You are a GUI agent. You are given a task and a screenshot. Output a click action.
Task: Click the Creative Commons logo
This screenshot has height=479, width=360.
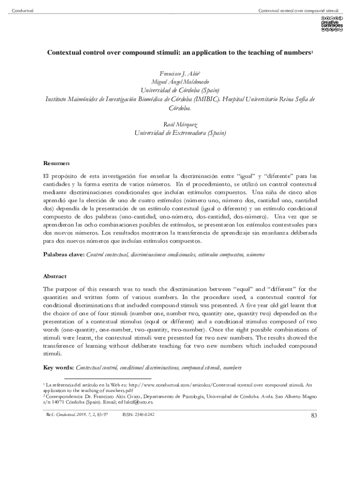(x=331, y=24)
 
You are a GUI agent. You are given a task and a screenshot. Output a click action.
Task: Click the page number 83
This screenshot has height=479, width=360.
(x=314, y=415)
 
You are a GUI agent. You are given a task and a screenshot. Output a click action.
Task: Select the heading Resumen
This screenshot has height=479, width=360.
(x=56, y=163)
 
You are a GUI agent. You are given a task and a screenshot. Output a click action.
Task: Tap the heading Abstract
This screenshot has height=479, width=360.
(x=55, y=276)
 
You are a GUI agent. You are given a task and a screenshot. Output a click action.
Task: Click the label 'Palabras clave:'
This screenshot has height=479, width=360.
(x=64, y=254)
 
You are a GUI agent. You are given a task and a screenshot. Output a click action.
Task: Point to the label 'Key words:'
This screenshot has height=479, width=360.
(x=58, y=368)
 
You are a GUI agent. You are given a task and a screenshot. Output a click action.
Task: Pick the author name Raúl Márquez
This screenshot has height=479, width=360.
(x=180, y=124)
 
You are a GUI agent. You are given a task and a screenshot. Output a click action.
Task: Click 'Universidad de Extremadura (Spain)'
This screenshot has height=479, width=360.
(x=180, y=133)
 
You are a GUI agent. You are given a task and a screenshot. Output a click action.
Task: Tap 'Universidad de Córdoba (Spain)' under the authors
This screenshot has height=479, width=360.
(x=180, y=90)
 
